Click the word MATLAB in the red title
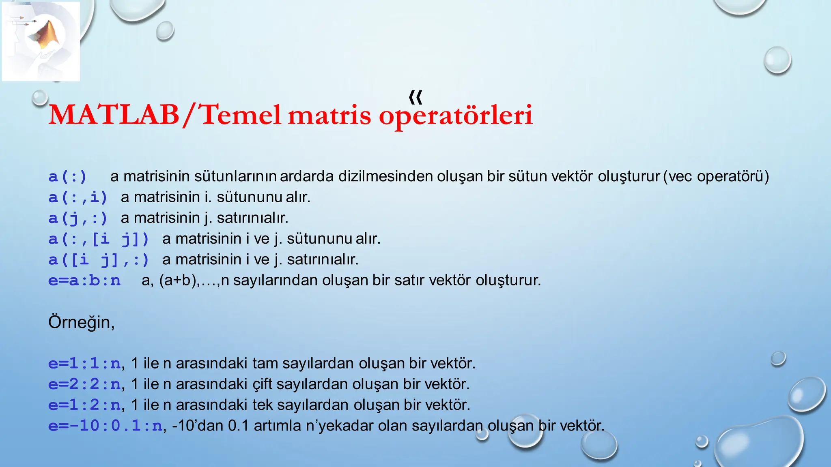pyautogui.click(x=114, y=115)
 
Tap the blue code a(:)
pyautogui.click(x=68, y=177)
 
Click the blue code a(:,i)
pyautogui.click(x=78, y=197)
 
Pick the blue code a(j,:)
pyautogui.click(x=78, y=219)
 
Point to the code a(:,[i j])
pyautogui.click(x=99, y=239)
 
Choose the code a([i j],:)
pyautogui.click(x=99, y=260)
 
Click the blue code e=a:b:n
pyautogui.click(x=84, y=281)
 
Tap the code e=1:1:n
pyautogui.click(x=84, y=363)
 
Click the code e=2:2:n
pyautogui.click(x=84, y=384)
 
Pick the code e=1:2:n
pyautogui.click(x=84, y=405)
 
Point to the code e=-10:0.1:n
pyautogui.click(x=105, y=426)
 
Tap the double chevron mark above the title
pyautogui.click(x=415, y=97)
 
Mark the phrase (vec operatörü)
pyautogui.click(x=716, y=176)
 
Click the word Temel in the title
pyautogui.click(x=241, y=115)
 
